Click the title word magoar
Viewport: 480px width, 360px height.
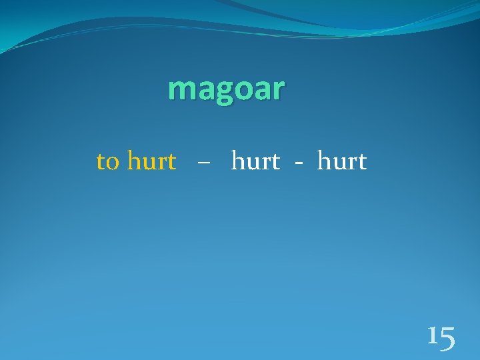(227, 89)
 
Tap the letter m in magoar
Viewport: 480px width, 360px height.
(181, 89)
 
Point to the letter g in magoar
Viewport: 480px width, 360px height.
(222, 91)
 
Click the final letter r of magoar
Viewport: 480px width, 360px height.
(278, 89)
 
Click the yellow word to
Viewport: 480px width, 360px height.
(108, 161)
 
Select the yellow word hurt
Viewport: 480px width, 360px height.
(151, 161)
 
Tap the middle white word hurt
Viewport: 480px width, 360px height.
(255, 161)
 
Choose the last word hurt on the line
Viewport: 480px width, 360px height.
(342, 161)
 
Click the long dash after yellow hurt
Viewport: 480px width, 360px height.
(203, 163)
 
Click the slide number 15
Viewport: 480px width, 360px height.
(441, 337)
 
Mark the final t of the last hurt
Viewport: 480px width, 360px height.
(362, 162)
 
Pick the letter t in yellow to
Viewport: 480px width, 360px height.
(101, 161)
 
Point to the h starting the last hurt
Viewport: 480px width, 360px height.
(325, 161)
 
